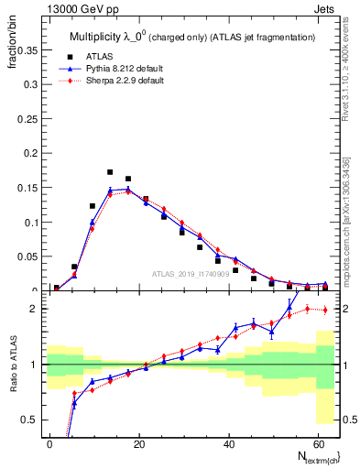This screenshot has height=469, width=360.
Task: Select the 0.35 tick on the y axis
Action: (30, 51)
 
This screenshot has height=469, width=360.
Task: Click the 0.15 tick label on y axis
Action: (30, 188)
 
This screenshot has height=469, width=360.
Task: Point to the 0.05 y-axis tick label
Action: (30, 257)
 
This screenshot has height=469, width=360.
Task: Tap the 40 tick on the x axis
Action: (225, 442)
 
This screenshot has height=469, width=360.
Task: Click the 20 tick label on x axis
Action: (137, 442)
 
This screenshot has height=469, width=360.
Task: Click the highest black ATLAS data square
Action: (110, 172)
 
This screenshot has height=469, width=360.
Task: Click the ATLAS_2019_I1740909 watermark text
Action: (190, 274)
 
